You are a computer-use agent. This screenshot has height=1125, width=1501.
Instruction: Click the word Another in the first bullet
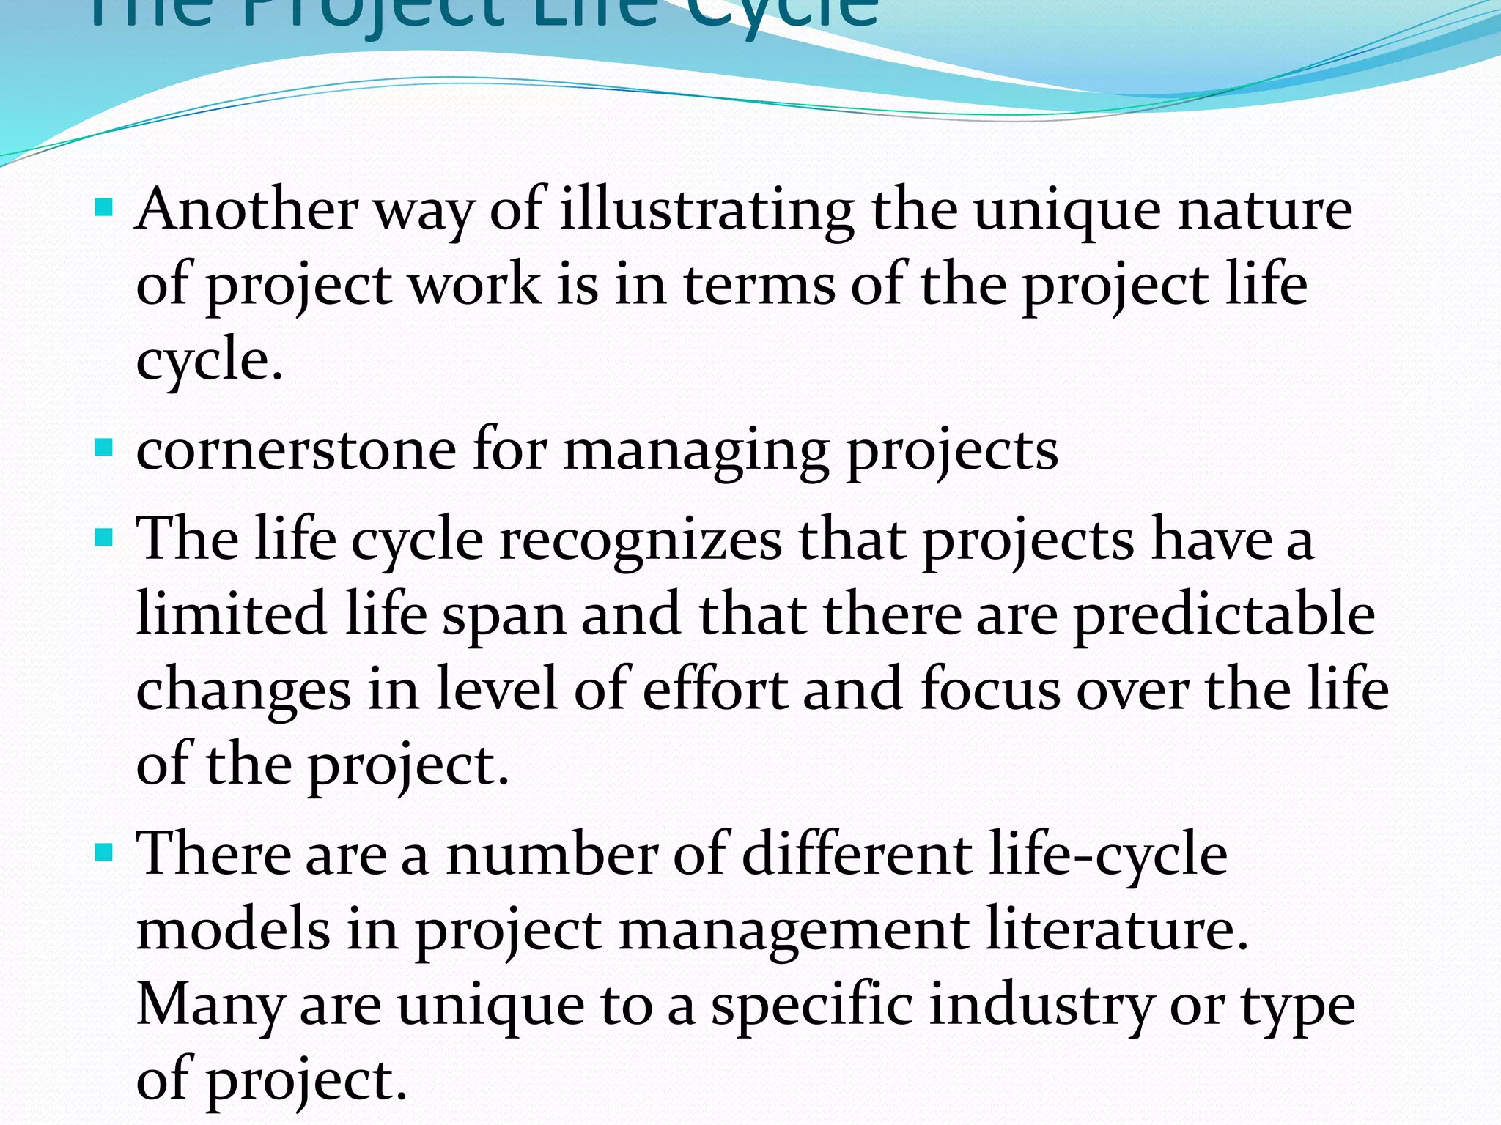pos(247,210)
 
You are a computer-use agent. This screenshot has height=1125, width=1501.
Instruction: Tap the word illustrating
pos(707,210)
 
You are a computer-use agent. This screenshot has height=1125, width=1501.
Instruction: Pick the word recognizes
pos(641,540)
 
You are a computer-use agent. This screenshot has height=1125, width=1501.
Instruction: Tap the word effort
pos(715,689)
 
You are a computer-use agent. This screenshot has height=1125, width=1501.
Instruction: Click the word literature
pos(1117,929)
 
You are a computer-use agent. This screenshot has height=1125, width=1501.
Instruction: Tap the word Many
pos(210,1006)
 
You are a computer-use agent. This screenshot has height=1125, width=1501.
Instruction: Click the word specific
pos(812,1006)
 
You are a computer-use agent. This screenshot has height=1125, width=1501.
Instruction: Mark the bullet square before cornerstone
pos(104,446)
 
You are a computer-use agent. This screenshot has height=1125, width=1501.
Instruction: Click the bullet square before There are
pos(104,852)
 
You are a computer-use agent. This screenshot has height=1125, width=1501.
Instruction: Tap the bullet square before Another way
pos(104,207)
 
